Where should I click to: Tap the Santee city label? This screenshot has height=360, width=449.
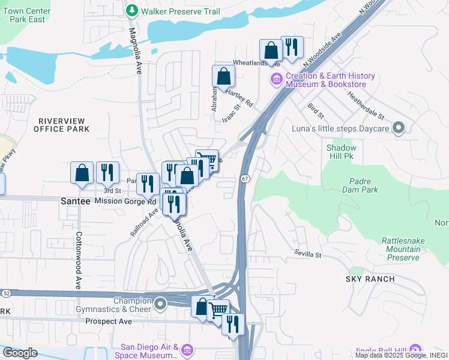(76, 202)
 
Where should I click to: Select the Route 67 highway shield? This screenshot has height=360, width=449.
(244, 179)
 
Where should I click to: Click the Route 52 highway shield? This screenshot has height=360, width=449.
(5, 293)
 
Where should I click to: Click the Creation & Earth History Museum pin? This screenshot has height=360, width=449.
(276, 79)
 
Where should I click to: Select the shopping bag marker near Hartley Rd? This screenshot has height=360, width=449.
(223, 76)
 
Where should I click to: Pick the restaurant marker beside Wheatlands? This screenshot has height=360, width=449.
(292, 47)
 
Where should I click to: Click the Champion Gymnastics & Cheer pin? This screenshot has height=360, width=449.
(160, 304)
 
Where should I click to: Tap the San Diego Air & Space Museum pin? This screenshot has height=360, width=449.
(186, 349)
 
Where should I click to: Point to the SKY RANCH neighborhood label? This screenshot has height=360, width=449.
(370, 279)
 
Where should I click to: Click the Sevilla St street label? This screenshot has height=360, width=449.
(308, 254)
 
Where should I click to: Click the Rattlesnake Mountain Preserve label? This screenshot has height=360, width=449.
(400, 249)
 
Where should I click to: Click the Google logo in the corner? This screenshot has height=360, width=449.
(20, 353)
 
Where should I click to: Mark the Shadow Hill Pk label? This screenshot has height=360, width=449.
(341, 152)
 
